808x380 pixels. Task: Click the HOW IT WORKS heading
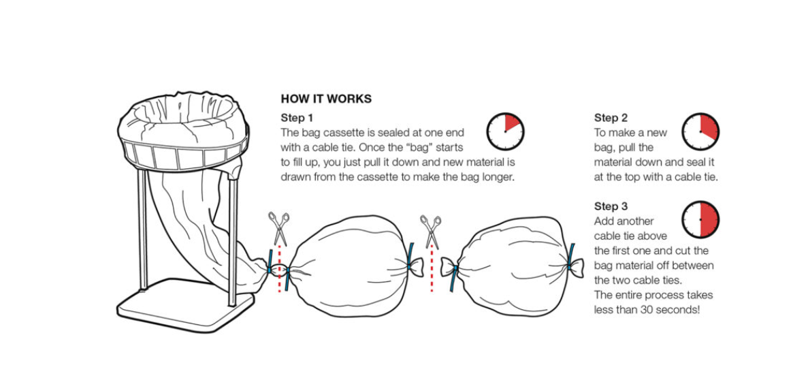tap(326, 99)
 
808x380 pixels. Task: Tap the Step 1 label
tap(297, 118)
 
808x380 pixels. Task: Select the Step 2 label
tap(611, 118)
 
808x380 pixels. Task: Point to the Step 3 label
tap(611, 206)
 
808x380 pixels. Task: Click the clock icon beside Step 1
tap(505, 131)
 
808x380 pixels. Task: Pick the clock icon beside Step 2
tap(700, 131)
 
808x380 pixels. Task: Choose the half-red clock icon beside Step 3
tap(700, 219)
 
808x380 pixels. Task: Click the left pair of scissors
tap(278, 227)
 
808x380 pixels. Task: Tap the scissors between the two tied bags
tap(431, 230)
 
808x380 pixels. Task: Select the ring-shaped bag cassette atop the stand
tap(180, 133)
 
